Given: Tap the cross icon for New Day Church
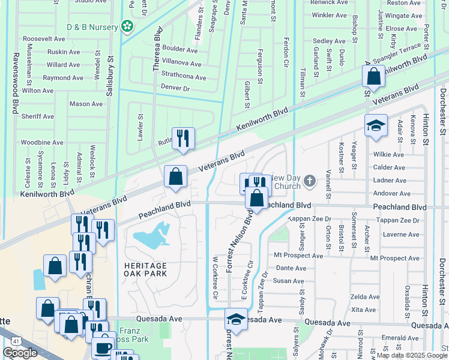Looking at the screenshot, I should (x=310, y=181).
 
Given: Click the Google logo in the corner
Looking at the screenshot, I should (x=20, y=353).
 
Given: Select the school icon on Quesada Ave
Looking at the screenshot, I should (x=236, y=319).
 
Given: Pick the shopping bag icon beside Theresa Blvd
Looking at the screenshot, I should (x=176, y=176).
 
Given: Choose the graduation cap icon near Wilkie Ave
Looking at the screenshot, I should (x=376, y=125).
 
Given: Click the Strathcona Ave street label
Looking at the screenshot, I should (x=184, y=77).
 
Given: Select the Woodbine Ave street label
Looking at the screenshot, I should (x=42, y=143).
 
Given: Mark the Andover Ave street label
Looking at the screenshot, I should (x=392, y=193).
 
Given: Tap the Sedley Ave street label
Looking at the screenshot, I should (x=329, y=41).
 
